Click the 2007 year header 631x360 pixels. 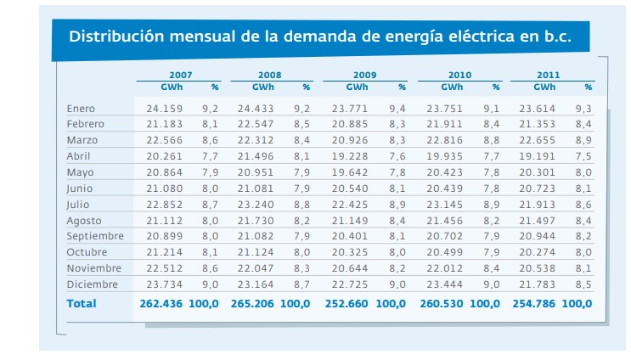tap(179, 76)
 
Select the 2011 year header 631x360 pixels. tap(548, 76)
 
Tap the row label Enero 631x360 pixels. tap(81, 109)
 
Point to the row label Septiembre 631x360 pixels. tap(95, 236)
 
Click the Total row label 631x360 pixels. tap(82, 303)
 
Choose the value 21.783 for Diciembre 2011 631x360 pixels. tap(538, 284)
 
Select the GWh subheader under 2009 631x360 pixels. tap(358, 87)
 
